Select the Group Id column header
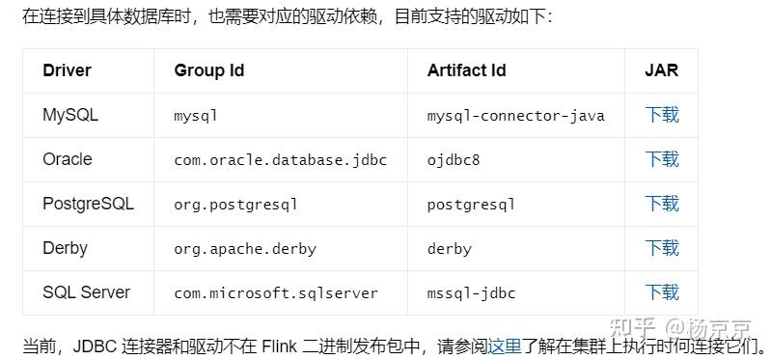pos(208,70)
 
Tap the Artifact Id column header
pos(466,70)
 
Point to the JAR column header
pos(662,70)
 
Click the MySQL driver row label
pos(70,115)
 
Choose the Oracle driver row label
pos(68,159)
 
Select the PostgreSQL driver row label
pos(88,204)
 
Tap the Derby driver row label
pos(65,248)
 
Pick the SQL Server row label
pos(86,292)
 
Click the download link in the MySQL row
pos(662,115)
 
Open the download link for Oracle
pos(662,159)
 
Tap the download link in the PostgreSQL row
pos(662,204)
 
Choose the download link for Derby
pos(662,248)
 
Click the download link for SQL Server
pos(662,292)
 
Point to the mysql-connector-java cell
pos(515,116)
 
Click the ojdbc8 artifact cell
pos(454,160)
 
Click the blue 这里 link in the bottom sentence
pos(504,346)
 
